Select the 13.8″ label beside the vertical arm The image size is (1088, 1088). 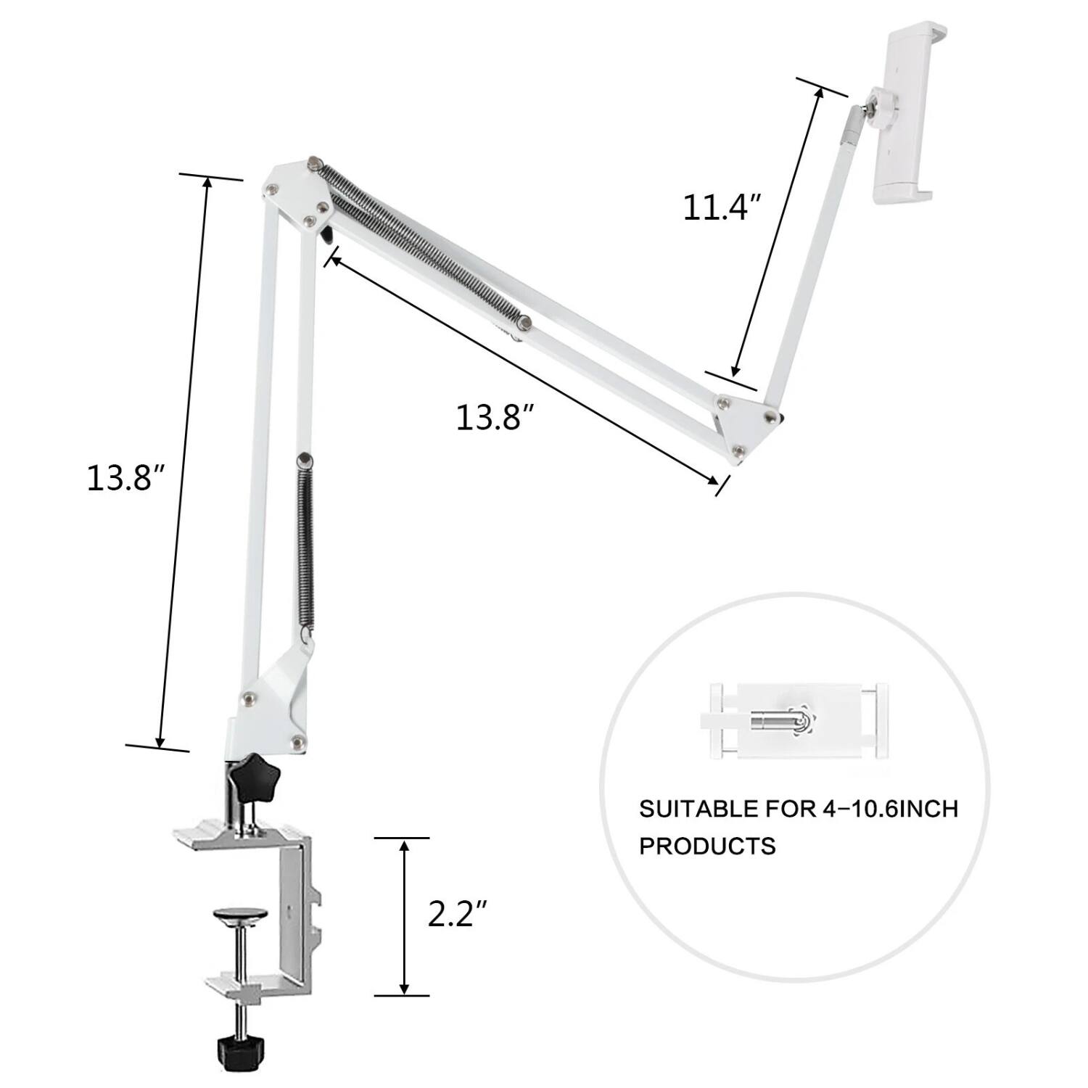(x=128, y=478)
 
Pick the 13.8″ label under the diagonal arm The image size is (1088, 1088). (x=495, y=418)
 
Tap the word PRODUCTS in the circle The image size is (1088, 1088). (x=707, y=846)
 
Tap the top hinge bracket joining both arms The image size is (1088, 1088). (x=297, y=192)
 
